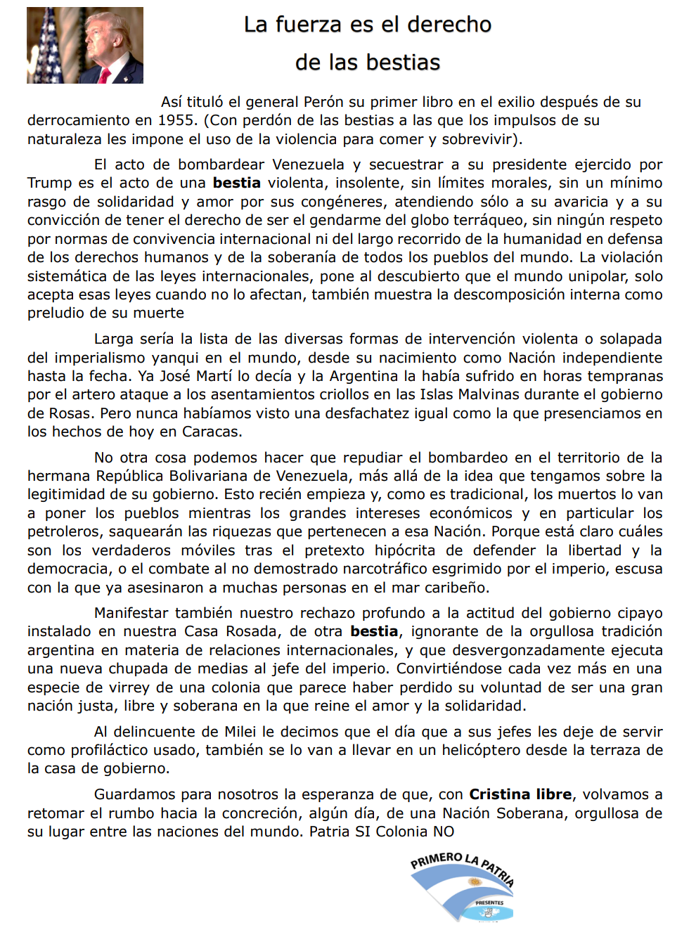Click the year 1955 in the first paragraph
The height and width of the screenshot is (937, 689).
[x=176, y=121]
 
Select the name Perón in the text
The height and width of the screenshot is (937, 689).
[x=323, y=103]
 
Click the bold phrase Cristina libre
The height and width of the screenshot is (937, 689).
[x=520, y=794]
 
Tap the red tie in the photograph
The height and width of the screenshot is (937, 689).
[x=105, y=75]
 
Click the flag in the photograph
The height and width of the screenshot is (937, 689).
[x=49, y=46]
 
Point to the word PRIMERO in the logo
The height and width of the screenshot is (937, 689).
[x=436, y=860]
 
